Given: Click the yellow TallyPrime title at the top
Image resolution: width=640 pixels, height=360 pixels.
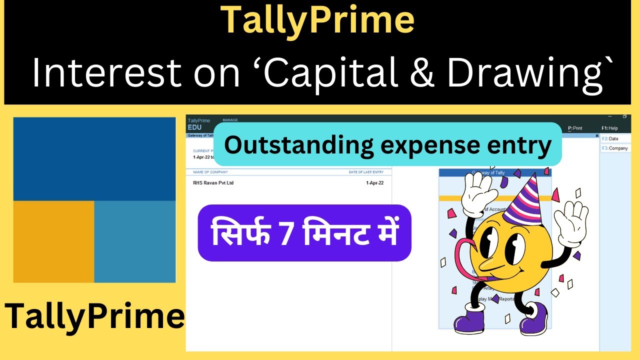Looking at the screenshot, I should click(x=317, y=21).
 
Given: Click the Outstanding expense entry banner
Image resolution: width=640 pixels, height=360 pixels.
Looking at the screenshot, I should click(x=387, y=145).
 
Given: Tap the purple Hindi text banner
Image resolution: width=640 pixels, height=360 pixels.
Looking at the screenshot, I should click(x=304, y=233).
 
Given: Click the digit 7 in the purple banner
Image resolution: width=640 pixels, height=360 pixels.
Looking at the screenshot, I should click(x=286, y=233).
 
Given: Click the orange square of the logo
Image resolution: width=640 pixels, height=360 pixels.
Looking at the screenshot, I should click(x=53, y=241).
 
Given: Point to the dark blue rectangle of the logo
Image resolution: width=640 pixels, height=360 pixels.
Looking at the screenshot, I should click(x=94, y=159).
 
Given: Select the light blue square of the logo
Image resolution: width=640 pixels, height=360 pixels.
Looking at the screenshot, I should click(x=135, y=241).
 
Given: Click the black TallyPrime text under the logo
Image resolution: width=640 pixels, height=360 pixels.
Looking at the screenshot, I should click(x=94, y=316).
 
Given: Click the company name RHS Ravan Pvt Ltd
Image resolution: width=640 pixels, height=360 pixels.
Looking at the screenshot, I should click(x=213, y=183).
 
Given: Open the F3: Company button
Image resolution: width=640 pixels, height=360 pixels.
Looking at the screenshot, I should click(x=615, y=148).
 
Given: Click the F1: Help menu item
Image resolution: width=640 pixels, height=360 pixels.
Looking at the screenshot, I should click(x=609, y=128).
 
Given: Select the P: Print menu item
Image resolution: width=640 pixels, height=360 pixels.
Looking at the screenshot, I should click(x=575, y=128).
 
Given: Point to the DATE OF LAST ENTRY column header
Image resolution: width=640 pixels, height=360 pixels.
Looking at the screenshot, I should click(x=366, y=172).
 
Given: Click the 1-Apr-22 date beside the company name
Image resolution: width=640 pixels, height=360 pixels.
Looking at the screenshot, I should click(x=375, y=183).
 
